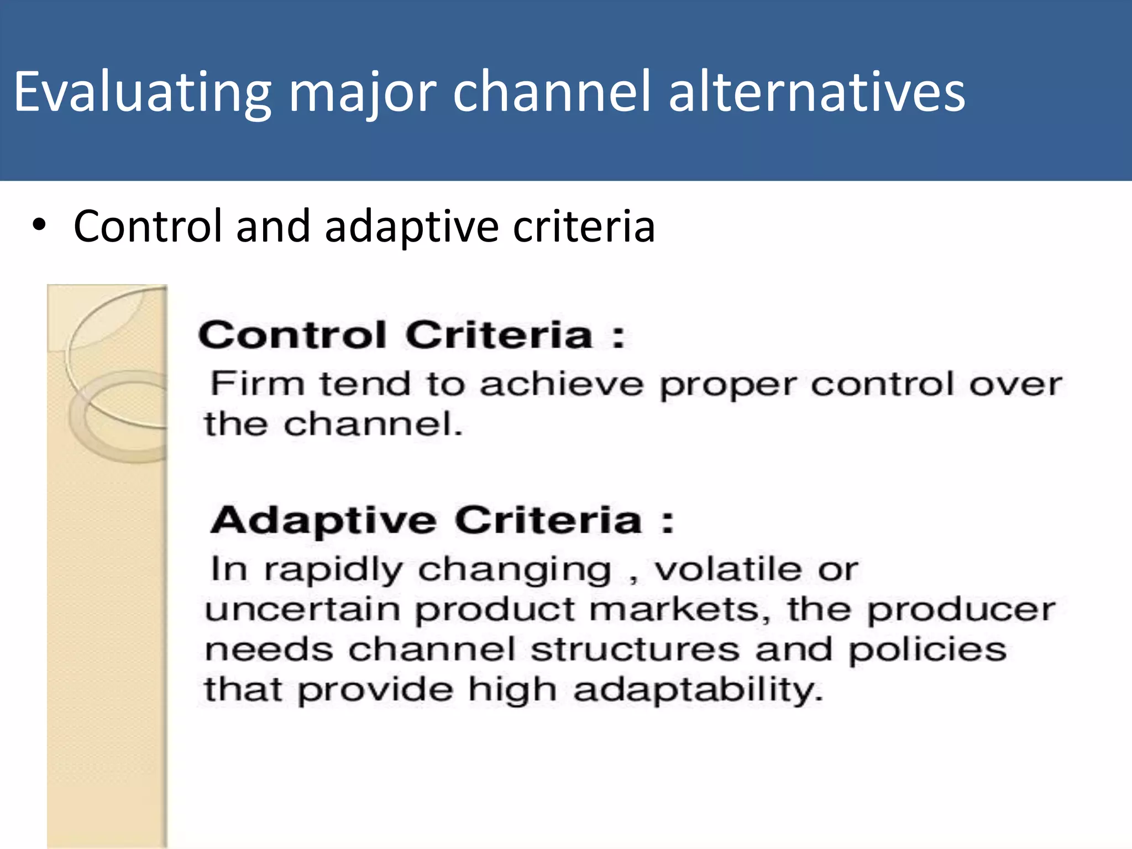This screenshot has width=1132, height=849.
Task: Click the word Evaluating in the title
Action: point(143,93)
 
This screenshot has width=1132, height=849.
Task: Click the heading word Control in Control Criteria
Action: point(292,335)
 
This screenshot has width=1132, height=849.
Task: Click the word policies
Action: point(927,651)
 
